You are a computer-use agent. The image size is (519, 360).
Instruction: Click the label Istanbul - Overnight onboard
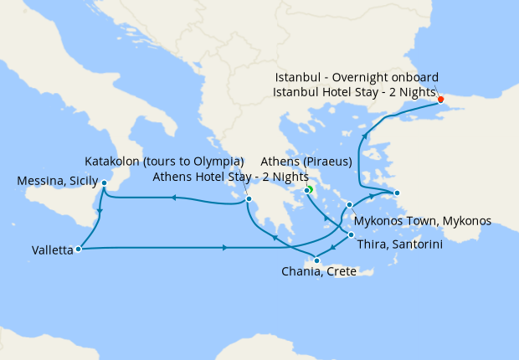pos(357,77)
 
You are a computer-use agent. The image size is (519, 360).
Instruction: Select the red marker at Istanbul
pos(441,100)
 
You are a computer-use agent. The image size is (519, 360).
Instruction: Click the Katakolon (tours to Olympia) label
pos(164,161)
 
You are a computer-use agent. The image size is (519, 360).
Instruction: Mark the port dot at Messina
pos(104,183)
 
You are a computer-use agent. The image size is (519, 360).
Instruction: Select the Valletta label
pos(52,249)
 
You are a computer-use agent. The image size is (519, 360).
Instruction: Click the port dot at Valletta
pos(78,248)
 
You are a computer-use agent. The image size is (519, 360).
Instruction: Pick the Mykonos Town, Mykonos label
pos(423,222)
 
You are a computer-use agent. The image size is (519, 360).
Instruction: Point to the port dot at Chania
pos(316,261)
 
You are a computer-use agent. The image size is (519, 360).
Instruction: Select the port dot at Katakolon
pos(249,198)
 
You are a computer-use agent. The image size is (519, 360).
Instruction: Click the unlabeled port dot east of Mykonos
pos(397,193)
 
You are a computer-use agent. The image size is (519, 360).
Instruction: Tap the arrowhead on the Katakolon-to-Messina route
pos(172,198)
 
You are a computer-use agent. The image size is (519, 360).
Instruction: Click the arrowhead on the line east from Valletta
pos(226,248)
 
